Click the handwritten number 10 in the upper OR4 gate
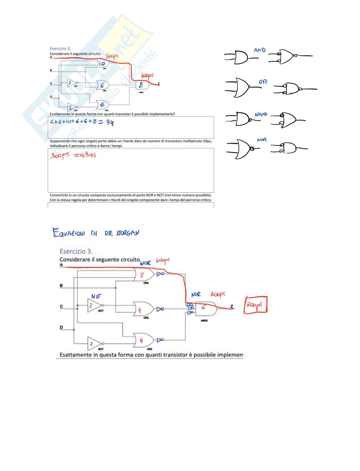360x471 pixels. click(102, 64)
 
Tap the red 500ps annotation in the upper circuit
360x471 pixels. click(112, 56)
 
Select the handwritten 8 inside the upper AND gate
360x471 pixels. click(141, 85)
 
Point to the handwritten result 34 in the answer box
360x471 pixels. click(110, 122)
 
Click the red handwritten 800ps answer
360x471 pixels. click(60, 155)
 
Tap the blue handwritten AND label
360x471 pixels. click(260, 50)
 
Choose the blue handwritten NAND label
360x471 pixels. click(261, 115)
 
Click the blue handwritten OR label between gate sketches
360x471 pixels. click(263, 82)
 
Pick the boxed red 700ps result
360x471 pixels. click(256, 304)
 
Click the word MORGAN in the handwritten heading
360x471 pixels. click(127, 233)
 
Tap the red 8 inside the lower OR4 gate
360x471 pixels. click(142, 275)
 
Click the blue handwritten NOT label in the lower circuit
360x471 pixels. click(96, 296)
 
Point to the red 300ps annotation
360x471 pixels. click(218, 294)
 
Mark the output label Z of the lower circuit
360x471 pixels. click(232, 306)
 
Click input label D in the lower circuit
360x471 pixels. click(61, 327)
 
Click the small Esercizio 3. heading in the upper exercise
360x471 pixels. click(60, 49)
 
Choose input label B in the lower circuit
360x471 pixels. click(61, 286)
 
